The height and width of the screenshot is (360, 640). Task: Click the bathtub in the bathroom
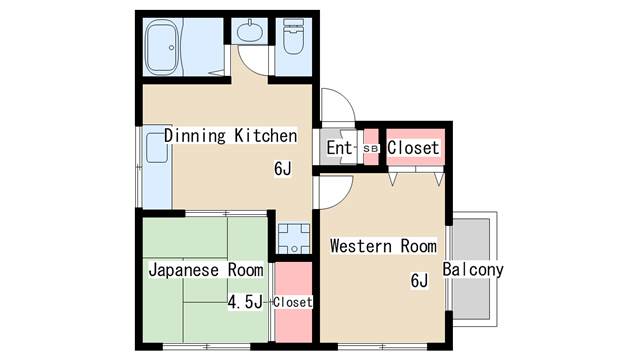click(163, 47)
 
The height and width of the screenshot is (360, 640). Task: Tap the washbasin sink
click(250, 31)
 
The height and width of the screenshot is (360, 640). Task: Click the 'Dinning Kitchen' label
click(230, 136)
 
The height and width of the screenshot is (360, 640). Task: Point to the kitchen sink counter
click(157, 167)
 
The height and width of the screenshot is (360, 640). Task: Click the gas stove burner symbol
click(293, 238)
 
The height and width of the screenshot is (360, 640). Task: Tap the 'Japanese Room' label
click(206, 270)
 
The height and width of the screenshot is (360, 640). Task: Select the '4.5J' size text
click(245, 302)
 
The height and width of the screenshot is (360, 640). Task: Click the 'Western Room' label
click(383, 246)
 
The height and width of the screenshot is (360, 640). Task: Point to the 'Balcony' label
click(473, 269)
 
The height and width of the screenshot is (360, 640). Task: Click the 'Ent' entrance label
click(339, 147)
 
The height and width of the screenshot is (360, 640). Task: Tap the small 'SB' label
click(371, 149)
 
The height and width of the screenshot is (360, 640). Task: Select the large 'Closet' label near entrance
click(413, 147)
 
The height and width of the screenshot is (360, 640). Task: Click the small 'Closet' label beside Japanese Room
click(293, 302)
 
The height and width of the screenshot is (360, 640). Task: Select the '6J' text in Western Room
click(419, 280)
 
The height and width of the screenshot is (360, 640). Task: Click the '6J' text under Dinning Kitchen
click(283, 168)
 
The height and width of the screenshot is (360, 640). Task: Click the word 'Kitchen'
click(266, 136)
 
